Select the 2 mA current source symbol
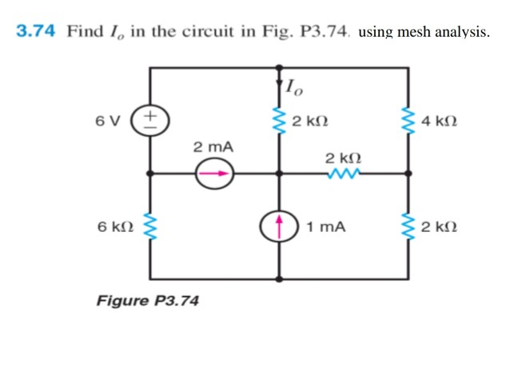(214, 173)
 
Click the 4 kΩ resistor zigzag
(409, 122)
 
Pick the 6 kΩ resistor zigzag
(150, 227)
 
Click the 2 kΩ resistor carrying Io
(280, 122)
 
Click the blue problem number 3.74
(36, 31)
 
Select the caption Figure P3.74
(148, 302)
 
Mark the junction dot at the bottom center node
(280, 279)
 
